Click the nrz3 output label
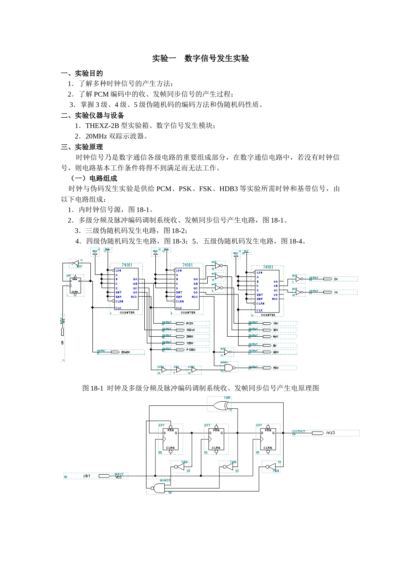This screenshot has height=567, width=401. point(331,433)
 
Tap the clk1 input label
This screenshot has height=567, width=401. point(87,475)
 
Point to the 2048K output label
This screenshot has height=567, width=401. point(125,351)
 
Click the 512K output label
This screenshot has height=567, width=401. point(190,323)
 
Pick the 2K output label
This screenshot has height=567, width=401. point(336,279)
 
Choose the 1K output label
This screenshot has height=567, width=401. point(336,292)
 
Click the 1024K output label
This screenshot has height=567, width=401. point(190,330)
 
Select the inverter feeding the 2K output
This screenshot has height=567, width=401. point(298,279)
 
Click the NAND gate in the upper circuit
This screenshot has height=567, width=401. point(228,368)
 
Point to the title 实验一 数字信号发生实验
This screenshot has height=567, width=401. point(200,58)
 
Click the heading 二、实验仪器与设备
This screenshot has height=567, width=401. point(92,115)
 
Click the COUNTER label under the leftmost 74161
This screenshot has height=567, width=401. point(127,313)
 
